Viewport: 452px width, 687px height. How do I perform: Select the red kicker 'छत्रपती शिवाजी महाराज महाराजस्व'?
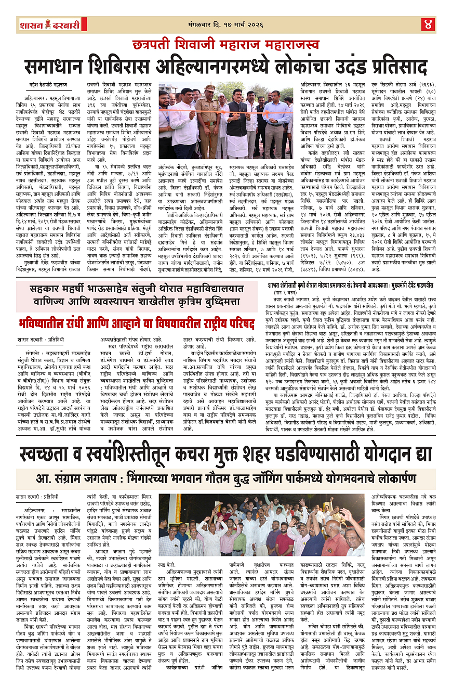coord(225,45)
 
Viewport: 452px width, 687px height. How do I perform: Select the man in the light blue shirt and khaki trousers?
coord(276,125)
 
